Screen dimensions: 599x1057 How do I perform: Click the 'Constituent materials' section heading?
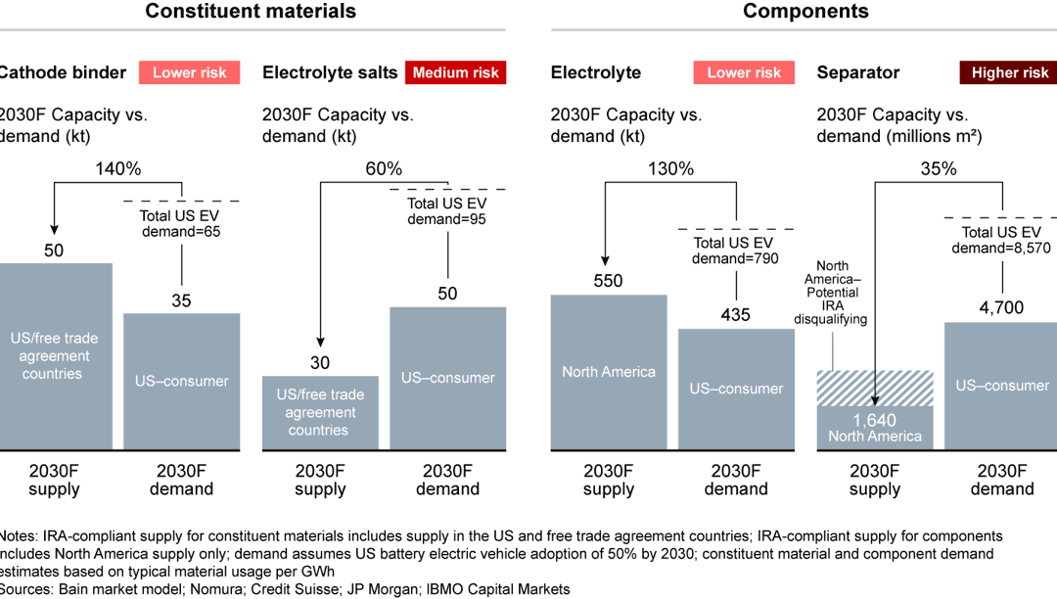pos(251,12)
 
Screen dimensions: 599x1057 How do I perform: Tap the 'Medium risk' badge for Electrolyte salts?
pos(455,72)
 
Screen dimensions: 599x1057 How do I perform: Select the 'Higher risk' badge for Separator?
pos(1010,72)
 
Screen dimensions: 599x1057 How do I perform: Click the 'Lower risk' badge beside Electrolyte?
pos(744,72)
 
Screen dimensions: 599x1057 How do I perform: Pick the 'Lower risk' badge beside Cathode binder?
pos(190,72)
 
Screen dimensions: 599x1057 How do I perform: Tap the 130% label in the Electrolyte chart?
pos(670,168)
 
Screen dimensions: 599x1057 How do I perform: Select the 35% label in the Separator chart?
pos(938,168)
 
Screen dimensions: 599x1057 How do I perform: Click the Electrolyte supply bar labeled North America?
pos(609,372)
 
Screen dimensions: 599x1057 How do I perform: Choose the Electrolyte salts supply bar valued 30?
pos(320,412)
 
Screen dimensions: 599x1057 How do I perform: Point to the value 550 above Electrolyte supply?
pos(609,281)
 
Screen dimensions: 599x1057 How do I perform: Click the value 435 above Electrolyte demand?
pos(736,314)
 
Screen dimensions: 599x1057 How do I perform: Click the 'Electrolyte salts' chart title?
pos(330,72)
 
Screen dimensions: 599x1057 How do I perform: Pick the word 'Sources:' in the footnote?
pos(27,588)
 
